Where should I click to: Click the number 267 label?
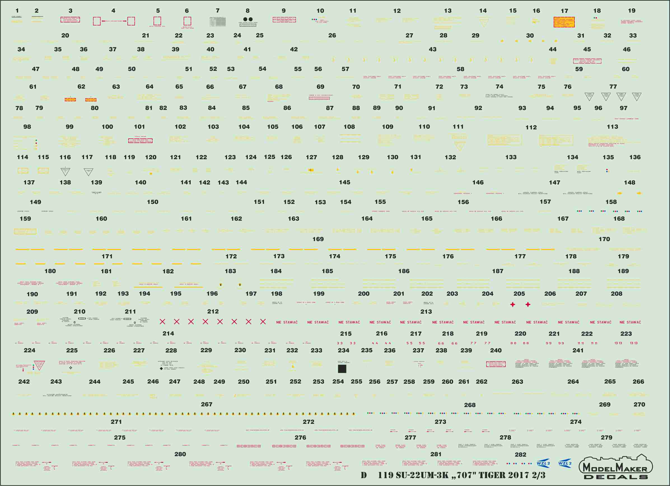coord(207,404)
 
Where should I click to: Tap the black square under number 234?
coord(342,369)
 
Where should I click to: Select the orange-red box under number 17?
coord(564,22)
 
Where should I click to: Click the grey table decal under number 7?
coord(218,22)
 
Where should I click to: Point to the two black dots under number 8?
coord(248,19)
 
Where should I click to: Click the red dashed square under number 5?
coord(157,21)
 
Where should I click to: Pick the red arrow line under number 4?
coord(114,21)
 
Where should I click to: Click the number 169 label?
coord(318,239)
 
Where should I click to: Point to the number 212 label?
coord(213,311)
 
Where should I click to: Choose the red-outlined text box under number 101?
coord(140,141)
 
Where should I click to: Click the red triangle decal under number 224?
coord(39,365)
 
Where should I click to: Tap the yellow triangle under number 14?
coord(484,22)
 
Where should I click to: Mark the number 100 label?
coord(107,127)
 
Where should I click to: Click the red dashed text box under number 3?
coord(70,20)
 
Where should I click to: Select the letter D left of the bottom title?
coord(364,475)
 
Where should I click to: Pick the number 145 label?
coord(344,182)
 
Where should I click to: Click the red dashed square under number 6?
coord(187,21)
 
